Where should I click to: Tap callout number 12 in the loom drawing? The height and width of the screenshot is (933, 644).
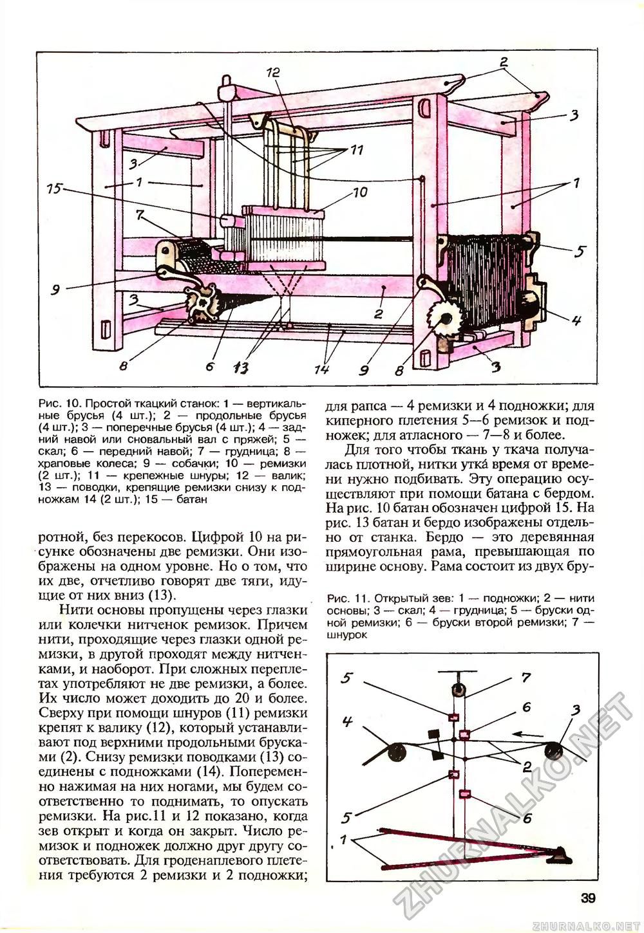pyautogui.click(x=273, y=73)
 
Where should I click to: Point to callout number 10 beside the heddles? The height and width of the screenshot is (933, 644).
pyautogui.click(x=360, y=192)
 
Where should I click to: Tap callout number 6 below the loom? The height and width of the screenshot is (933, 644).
pyautogui.click(x=209, y=365)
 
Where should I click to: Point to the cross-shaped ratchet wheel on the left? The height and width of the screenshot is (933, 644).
pyautogui.click(x=204, y=303)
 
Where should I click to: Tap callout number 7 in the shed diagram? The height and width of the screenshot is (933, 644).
pyautogui.click(x=526, y=678)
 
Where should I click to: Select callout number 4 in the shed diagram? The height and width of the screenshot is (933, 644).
pyautogui.click(x=347, y=721)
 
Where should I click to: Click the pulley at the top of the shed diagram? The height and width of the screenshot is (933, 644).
pyautogui.click(x=457, y=691)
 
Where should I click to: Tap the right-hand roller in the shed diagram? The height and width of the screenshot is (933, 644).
pyautogui.click(x=554, y=750)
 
